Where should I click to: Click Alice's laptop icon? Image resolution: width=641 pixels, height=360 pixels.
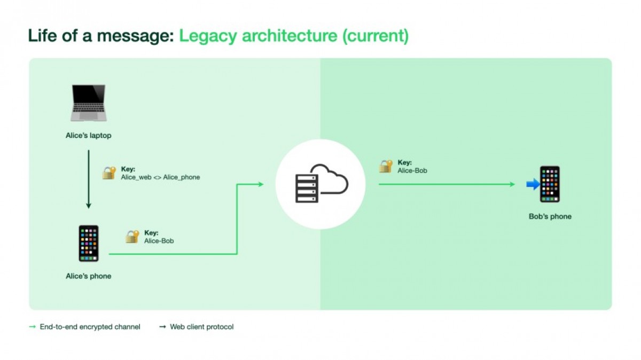pyautogui.click(x=88, y=103)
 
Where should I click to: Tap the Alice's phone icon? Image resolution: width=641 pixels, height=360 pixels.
pyautogui.click(x=89, y=243)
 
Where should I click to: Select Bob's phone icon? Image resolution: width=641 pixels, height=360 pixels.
pyautogui.click(x=550, y=184)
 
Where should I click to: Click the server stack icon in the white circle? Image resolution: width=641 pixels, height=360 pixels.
pyautogui.click(x=307, y=184)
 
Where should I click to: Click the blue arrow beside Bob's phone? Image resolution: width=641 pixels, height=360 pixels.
pyautogui.click(x=533, y=184)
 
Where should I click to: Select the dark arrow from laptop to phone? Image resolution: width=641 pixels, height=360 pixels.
pyautogui.click(x=89, y=179)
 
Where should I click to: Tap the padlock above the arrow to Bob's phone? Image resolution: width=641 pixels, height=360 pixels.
pyautogui.click(x=386, y=166)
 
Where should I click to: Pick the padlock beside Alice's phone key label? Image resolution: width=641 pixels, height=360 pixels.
pyautogui.click(x=132, y=236)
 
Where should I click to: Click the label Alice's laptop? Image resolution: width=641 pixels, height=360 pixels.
pyautogui.click(x=89, y=136)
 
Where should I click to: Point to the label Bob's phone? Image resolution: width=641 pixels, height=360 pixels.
pyautogui.click(x=550, y=217)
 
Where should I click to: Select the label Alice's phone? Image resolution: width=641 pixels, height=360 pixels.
pyautogui.click(x=89, y=276)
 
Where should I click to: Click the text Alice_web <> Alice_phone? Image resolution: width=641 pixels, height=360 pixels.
pyautogui.click(x=160, y=177)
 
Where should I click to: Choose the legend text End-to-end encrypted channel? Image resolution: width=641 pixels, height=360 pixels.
pyautogui.click(x=90, y=327)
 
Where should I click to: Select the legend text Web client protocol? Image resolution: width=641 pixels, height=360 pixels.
pyautogui.click(x=201, y=327)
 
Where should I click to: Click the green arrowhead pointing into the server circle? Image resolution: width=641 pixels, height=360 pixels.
pyautogui.click(x=260, y=184)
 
